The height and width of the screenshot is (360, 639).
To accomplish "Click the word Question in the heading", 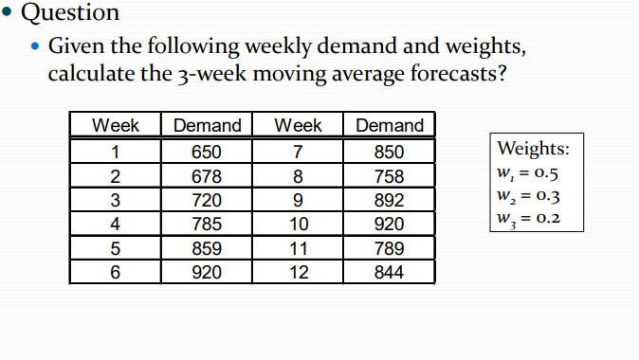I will pyautogui.click(x=70, y=12).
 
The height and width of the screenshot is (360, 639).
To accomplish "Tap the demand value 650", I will pyautogui.click(x=207, y=153).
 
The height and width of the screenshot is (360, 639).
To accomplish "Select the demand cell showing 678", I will pyautogui.click(x=207, y=176).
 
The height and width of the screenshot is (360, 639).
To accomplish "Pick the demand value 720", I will pyautogui.click(x=207, y=200).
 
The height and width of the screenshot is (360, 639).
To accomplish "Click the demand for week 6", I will pyautogui.click(x=207, y=272).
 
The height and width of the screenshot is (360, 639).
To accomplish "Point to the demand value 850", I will pyautogui.click(x=389, y=153).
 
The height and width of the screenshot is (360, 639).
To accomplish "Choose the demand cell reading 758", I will pyautogui.click(x=389, y=176).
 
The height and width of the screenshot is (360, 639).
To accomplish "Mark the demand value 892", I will pyautogui.click(x=389, y=200).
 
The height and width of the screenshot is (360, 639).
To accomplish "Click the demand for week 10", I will pyautogui.click(x=389, y=225).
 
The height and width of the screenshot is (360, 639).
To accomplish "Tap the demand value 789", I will pyautogui.click(x=389, y=248).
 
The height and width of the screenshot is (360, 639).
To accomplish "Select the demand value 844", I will pyautogui.click(x=389, y=272).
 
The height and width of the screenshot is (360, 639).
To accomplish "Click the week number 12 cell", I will pyautogui.click(x=298, y=272).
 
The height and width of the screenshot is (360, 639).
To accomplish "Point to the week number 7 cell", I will pyautogui.click(x=298, y=153).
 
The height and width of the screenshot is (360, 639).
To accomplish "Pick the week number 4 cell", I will pyautogui.click(x=116, y=225).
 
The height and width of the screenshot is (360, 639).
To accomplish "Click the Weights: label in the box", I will pyautogui.click(x=533, y=150).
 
